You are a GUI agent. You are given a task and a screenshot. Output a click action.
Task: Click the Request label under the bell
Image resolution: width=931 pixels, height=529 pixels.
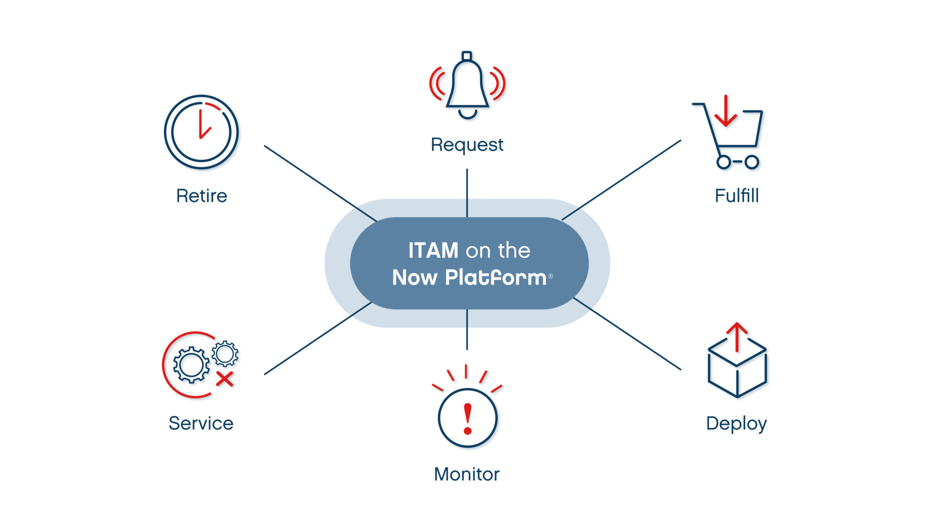coord(467,144)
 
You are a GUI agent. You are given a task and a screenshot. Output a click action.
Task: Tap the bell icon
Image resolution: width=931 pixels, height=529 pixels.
coord(467,85)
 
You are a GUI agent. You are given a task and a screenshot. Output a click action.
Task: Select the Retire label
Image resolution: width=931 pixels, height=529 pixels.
coord(201,196)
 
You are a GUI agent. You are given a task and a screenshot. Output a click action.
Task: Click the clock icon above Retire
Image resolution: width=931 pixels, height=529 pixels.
coord(201,132)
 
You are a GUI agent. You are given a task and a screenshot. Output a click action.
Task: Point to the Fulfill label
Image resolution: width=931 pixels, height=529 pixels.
coord(737,196)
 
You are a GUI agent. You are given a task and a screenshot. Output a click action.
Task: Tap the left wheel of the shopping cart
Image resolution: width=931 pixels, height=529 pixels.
coord(723,162)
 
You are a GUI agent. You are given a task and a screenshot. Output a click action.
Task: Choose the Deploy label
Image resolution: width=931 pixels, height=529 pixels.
coord(736,423)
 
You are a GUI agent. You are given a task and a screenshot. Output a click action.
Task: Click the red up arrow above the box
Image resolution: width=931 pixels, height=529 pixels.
coord(737,336)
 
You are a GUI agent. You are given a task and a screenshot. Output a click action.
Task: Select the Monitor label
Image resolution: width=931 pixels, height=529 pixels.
coord(466,474)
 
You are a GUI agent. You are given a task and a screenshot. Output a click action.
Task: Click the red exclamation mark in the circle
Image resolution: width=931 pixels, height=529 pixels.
coord(467,418)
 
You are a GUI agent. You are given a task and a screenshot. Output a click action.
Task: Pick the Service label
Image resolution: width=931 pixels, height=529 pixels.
coord(201,423)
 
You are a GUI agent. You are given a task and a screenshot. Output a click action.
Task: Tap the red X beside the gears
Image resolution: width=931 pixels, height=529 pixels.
coord(225,379)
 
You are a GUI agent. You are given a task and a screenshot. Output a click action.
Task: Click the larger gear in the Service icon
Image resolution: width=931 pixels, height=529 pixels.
coord(191,365)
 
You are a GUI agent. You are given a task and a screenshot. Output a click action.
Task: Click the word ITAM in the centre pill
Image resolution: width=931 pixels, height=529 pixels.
coord(433,251)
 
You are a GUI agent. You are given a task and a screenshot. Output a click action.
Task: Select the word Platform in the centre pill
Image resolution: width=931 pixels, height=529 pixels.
coord(496,277)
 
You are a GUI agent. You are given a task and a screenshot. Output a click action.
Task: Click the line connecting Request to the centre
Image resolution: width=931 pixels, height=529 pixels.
coord(467,192)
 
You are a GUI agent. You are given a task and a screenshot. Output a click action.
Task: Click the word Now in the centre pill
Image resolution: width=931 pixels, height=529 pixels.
coord(415,277)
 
